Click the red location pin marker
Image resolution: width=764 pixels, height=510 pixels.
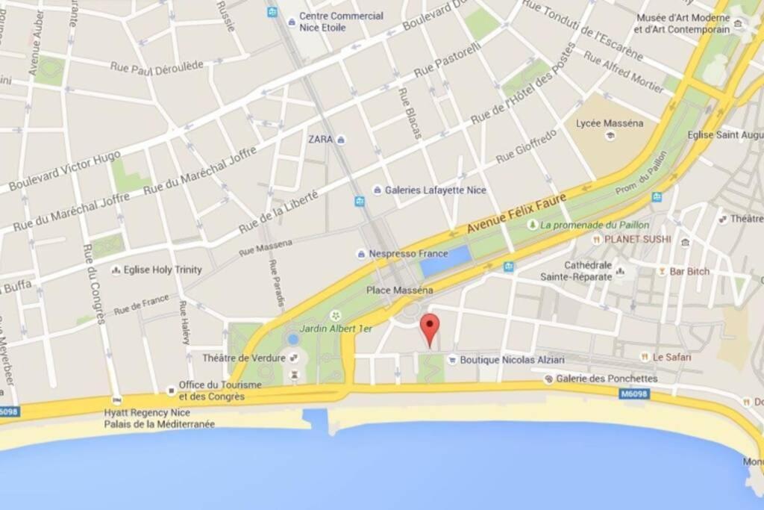click(430, 329)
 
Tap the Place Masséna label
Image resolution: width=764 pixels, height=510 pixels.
click(399, 290)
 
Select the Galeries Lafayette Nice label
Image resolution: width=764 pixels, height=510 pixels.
click(435, 190)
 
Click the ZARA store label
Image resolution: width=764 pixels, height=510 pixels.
click(321, 139)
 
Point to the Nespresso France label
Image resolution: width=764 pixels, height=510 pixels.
click(408, 254)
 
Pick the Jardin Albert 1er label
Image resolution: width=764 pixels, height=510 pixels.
click(336, 328)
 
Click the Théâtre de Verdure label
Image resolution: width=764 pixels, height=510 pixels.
click(244, 358)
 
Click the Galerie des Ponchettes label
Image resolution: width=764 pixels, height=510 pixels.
click(607, 379)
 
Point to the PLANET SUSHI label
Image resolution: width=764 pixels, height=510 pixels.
click(636, 239)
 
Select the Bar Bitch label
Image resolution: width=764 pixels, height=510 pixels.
click(689, 271)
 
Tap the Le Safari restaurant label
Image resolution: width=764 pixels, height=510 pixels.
click(671, 357)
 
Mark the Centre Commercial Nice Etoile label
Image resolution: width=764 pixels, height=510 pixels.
click(341, 22)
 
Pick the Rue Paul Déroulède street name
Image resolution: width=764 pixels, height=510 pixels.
click(157, 66)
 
